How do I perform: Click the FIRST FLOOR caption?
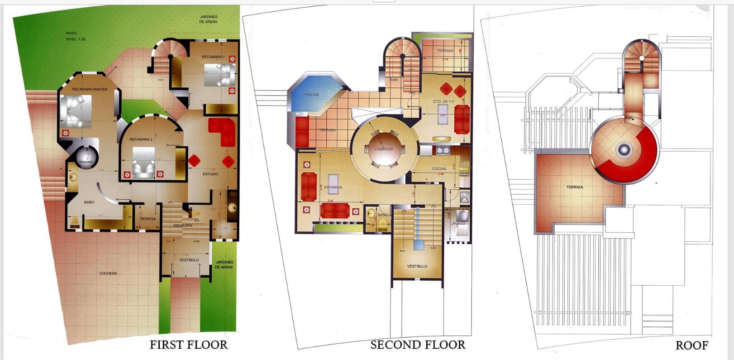point(189,345)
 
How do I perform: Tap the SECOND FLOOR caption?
point(418,345)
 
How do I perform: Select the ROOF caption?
point(691,346)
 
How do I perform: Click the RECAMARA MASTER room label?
point(90,89)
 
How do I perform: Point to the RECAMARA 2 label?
point(141,139)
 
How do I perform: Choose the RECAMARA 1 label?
point(213,57)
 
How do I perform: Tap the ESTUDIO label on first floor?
point(210,174)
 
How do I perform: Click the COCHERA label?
point(108,274)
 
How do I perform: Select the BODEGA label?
point(148,219)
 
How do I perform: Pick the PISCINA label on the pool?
point(312,95)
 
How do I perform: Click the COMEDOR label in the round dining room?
point(384,149)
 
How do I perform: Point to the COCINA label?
point(438,169)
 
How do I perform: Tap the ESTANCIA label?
point(333,187)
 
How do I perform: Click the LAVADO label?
point(458,223)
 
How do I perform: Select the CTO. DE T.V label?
point(443,101)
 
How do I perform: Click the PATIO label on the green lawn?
point(71,33)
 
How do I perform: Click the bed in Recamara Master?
point(76,112)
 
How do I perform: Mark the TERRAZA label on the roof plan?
point(574,187)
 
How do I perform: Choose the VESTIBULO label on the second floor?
point(417,266)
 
